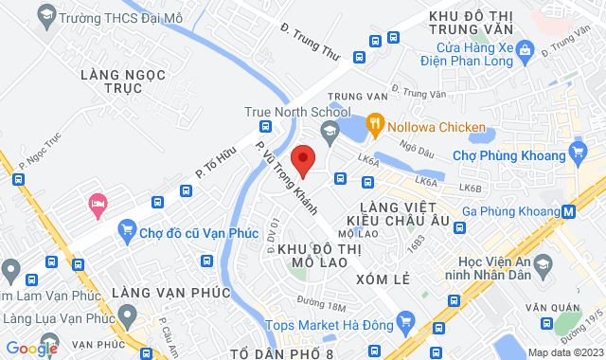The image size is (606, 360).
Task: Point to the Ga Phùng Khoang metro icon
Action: pyautogui.click(x=567, y=212)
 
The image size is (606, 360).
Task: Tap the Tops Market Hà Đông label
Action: pyautogui.click(x=330, y=324)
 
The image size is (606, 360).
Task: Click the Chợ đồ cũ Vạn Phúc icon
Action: pyautogui.click(x=126, y=228)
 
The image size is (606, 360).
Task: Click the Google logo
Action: pyautogui.click(x=31, y=348)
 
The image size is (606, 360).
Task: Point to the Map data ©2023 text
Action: pyautogui.click(x=564, y=352)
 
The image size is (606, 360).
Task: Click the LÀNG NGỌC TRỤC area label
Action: pyautogui.click(x=123, y=81)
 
